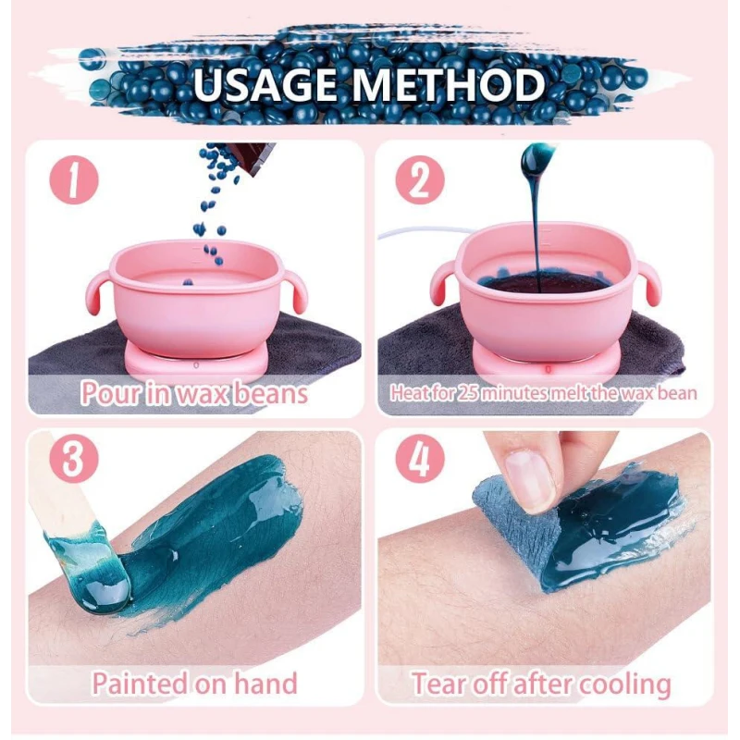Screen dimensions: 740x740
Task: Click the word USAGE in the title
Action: click(x=265, y=85)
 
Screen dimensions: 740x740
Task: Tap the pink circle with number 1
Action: click(x=74, y=179)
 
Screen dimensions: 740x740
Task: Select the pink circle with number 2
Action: click(x=420, y=179)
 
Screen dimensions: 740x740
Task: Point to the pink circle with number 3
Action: click(x=74, y=458)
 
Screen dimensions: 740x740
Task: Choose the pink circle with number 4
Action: click(x=420, y=458)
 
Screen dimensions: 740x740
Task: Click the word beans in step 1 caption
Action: click(x=270, y=393)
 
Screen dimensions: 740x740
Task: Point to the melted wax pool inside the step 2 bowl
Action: click(x=543, y=283)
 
